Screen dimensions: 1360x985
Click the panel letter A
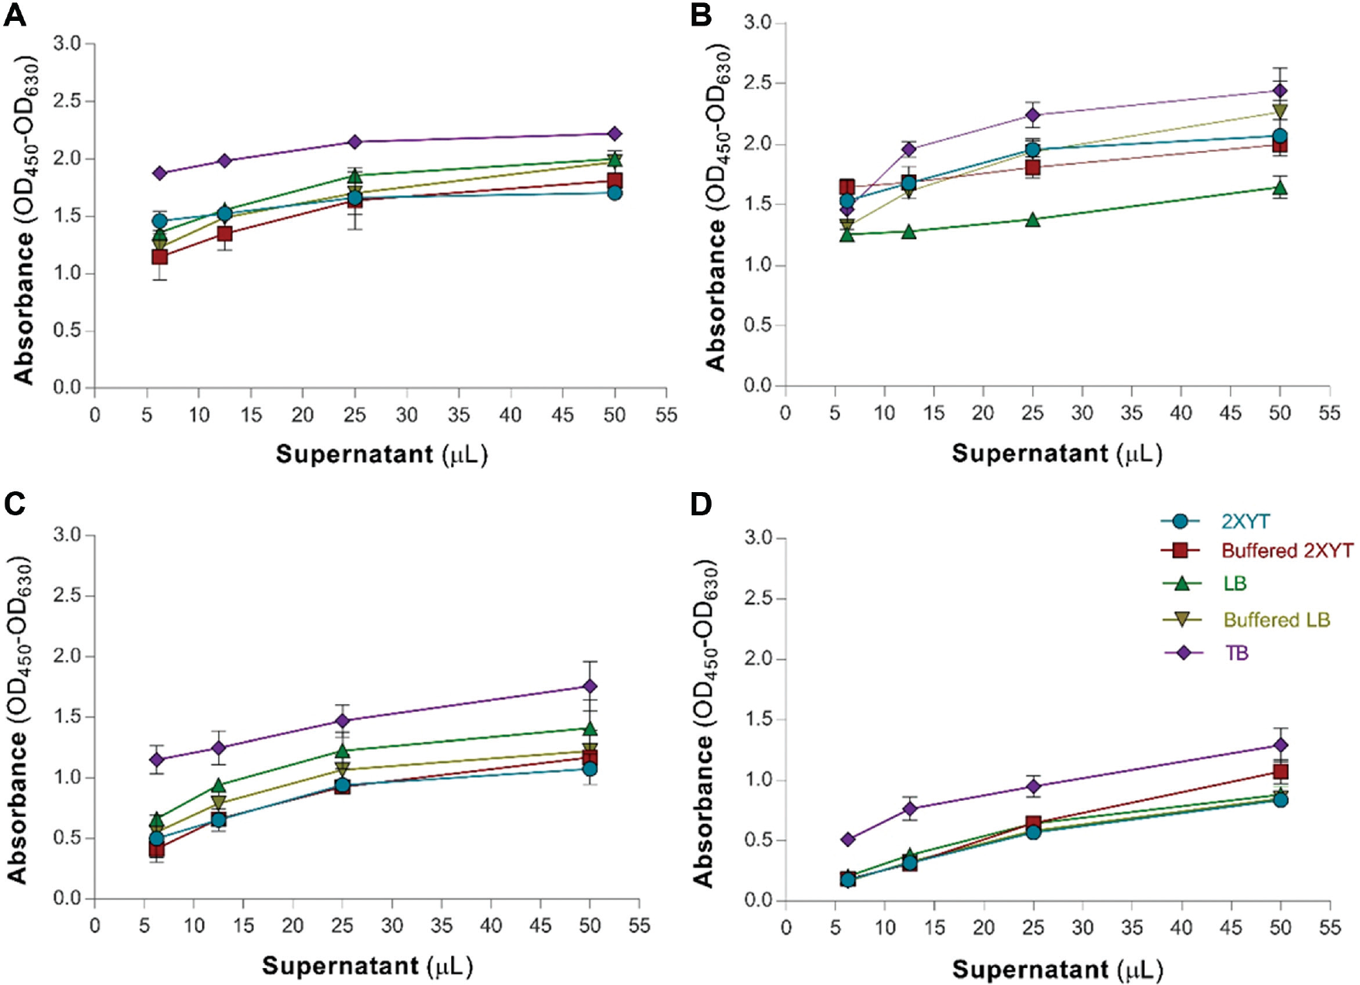[x=15, y=15]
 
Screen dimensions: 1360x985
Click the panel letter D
[x=702, y=504]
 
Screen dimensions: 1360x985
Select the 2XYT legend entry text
[x=1246, y=522]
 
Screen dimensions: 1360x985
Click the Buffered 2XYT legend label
[x=1287, y=551]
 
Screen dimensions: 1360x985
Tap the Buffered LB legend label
[x=1276, y=620]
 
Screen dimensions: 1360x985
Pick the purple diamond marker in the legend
[x=1183, y=653]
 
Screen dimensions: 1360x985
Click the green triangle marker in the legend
[x=1182, y=583]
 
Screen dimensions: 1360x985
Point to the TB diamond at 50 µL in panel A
[x=614, y=134]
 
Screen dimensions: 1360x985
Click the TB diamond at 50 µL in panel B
[x=1280, y=91]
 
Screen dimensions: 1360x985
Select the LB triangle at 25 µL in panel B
[x=1033, y=219]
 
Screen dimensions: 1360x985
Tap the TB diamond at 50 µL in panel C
[x=589, y=686]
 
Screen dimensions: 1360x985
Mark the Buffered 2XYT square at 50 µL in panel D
[x=1280, y=771]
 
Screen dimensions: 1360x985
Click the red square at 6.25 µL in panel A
[x=159, y=256]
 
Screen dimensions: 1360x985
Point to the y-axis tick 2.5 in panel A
[x=67, y=101]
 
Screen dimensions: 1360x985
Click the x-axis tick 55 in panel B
[x=1329, y=413]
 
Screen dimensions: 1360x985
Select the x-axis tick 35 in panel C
[x=441, y=925]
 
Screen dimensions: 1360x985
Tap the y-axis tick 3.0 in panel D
[x=759, y=538]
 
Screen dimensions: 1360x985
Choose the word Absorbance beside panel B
[x=715, y=296]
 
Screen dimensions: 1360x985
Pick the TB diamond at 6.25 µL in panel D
[x=848, y=840]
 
